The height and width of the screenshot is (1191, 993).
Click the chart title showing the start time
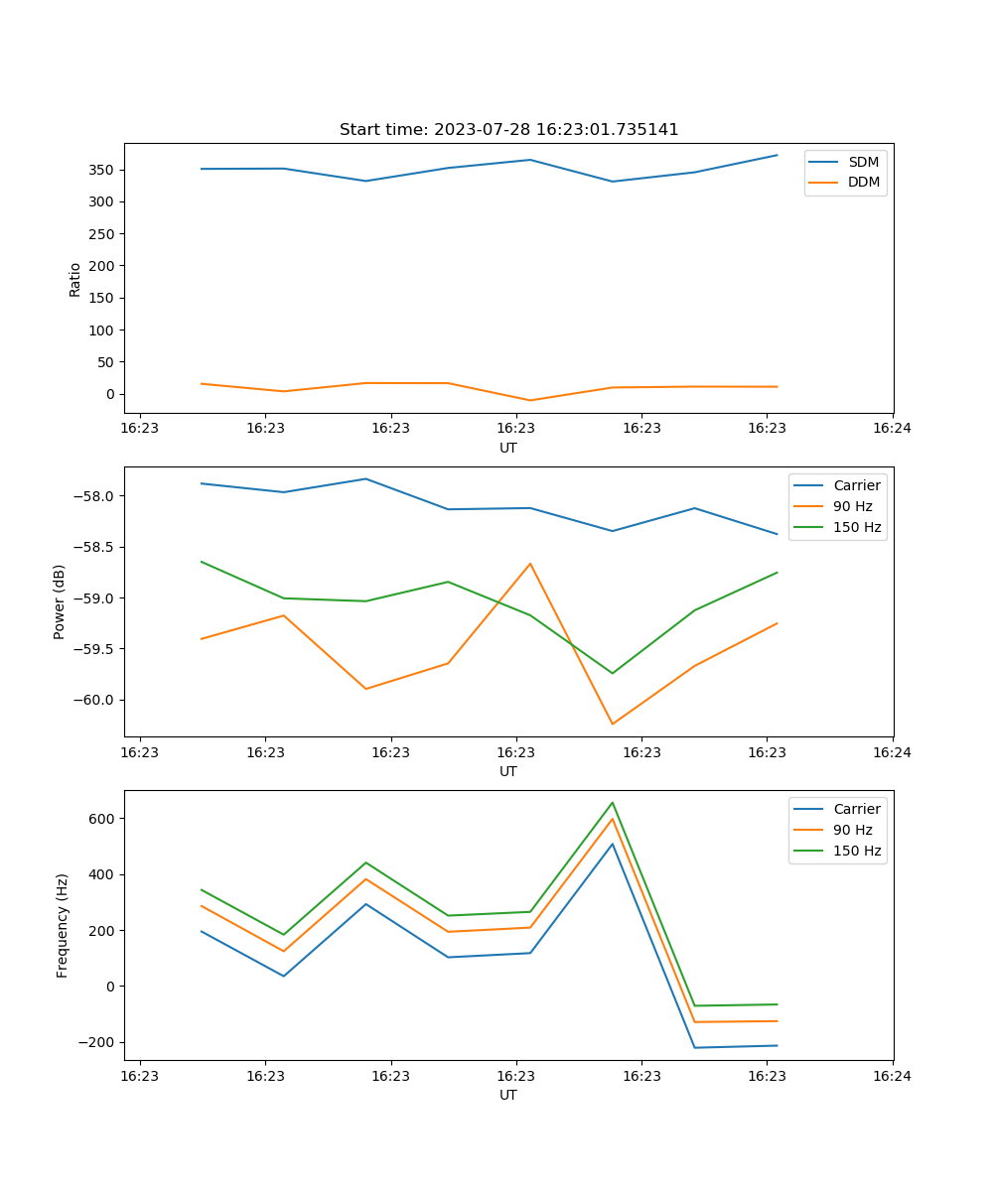(x=508, y=130)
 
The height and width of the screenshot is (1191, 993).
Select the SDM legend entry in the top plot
(x=863, y=162)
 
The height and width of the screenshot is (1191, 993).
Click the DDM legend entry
(x=863, y=183)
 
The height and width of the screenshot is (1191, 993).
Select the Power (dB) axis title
(x=60, y=601)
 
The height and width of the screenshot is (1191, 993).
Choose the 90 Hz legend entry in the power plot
(x=852, y=506)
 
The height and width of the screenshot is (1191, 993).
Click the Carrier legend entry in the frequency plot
(x=856, y=809)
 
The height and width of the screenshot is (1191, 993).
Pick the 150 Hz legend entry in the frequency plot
(x=857, y=851)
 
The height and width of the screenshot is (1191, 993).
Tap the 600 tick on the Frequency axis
(x=103, y=819)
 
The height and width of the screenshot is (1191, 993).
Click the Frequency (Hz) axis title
(x=62, y=925)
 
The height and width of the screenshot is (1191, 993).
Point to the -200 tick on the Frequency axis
(x=97, y=1042)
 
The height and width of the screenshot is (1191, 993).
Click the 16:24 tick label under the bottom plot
(x=892, y=1076)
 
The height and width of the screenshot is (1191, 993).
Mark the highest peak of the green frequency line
(x=613, y=802)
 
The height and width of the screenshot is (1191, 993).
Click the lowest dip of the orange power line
(x=613, y=724)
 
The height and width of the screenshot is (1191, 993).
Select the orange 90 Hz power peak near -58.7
(x=530, y=564)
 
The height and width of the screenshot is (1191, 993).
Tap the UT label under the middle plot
(x=508, y=771)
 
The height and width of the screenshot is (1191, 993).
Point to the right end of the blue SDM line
(x=777, y=155)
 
